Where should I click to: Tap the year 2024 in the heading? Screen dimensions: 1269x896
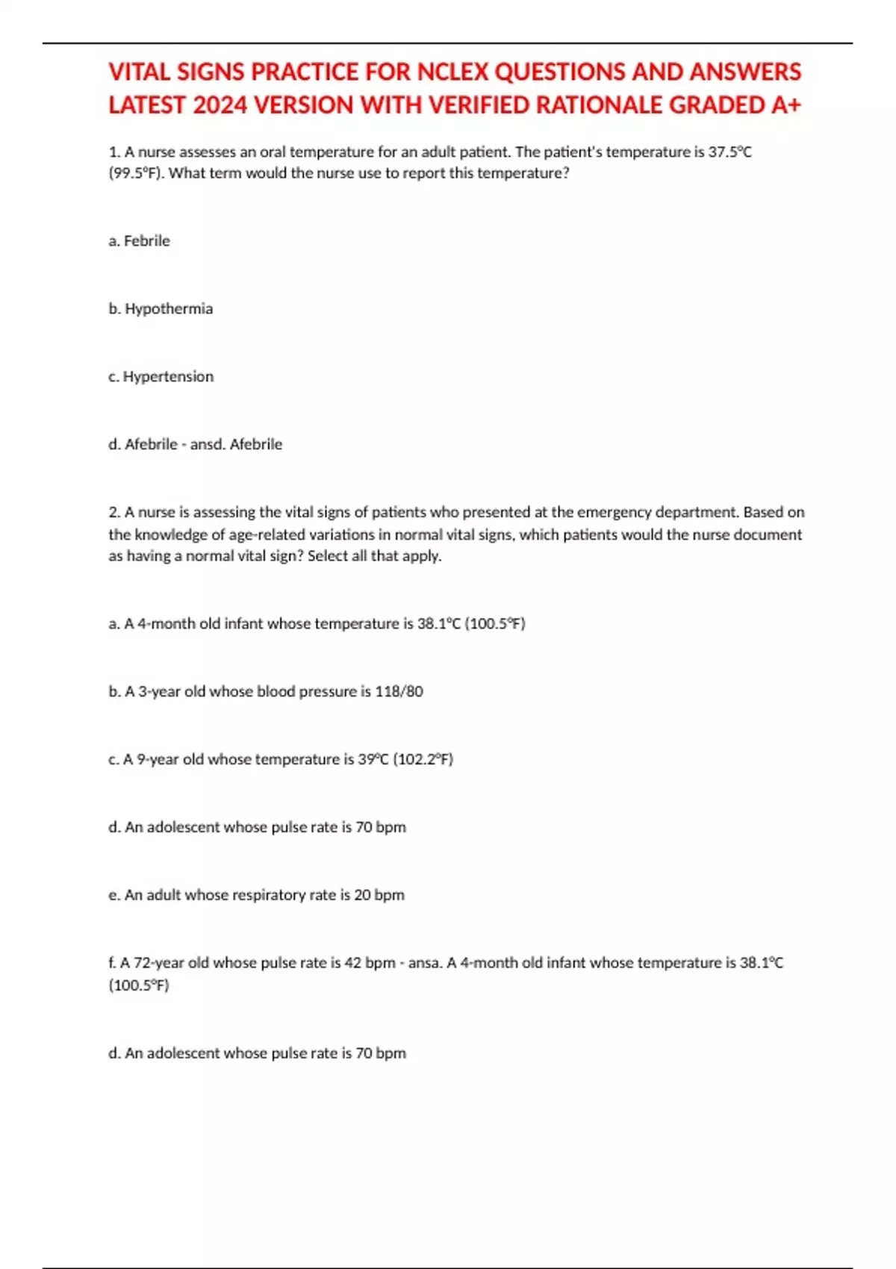(220, 105)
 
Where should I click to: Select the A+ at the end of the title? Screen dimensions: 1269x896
(786, 105)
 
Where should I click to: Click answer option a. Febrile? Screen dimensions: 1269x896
(139, 241)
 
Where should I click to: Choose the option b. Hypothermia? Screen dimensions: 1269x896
(161, 309)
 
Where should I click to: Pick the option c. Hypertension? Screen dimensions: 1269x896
(161, 377)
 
